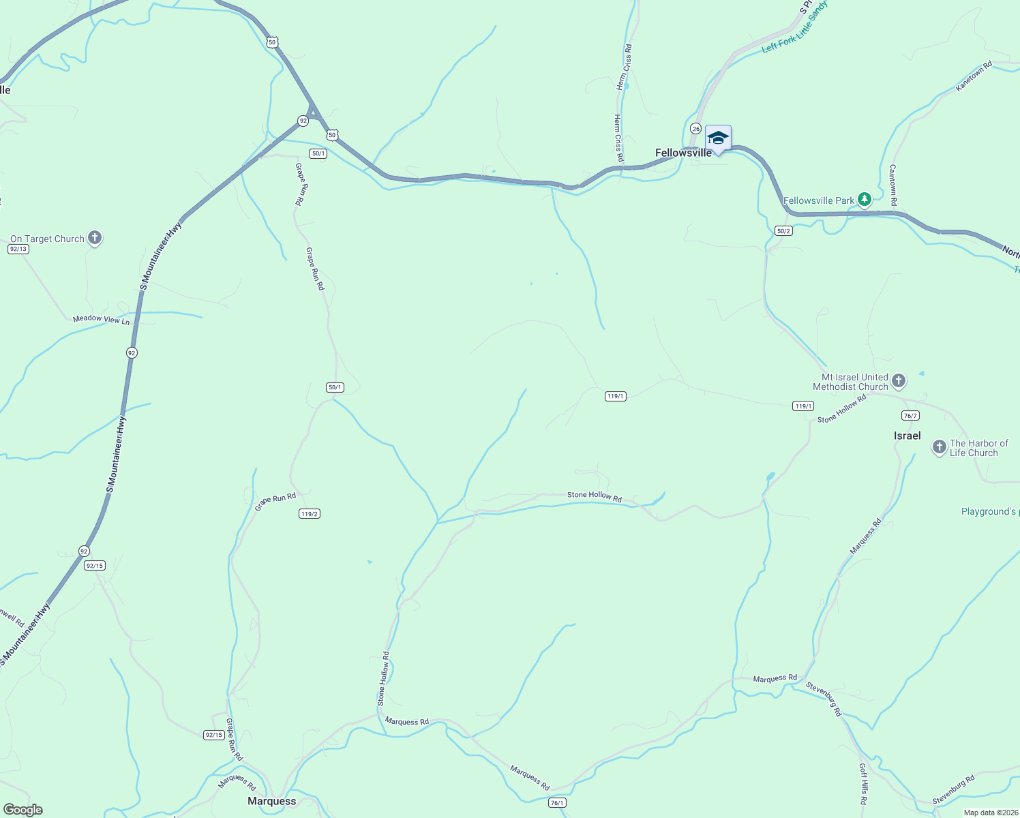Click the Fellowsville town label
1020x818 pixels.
point(683,153)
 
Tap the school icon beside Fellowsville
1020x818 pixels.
point(718,138)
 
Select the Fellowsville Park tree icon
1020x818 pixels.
point(865,200)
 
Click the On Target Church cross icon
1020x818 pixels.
point(95,238)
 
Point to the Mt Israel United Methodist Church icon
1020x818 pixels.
point(899,381)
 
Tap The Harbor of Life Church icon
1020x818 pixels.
point(940,448)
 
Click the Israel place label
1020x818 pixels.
point(907,436)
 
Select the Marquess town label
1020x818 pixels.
point(271,801)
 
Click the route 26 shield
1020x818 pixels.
point(695,128)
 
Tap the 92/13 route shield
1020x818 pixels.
point(18,249)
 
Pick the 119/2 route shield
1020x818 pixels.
point(309,513)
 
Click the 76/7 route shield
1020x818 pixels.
point(910,415)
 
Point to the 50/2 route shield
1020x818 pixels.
point(783,231)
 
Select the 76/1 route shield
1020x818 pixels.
point(557,803)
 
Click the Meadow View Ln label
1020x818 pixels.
point(101,319)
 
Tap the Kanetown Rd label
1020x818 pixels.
point(974,76)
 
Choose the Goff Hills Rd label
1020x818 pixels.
point(863,784)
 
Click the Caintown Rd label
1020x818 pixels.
point(893,185)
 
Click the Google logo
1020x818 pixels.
point(23,809)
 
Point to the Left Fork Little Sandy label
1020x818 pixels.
point(794,27)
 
